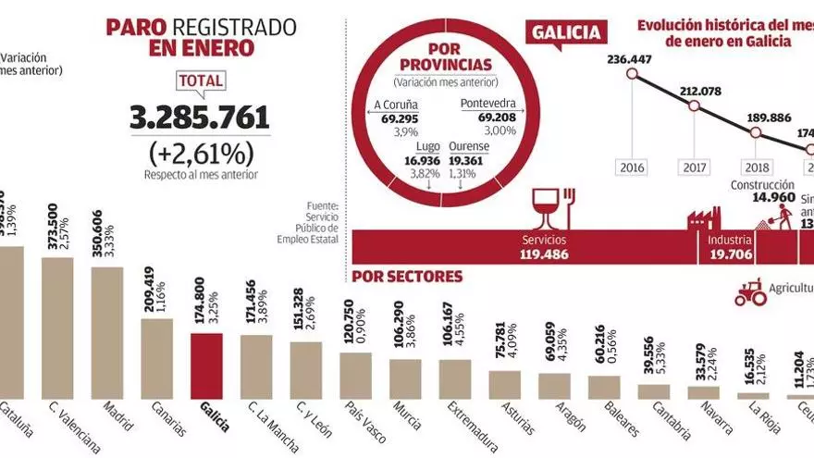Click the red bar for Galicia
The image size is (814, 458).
point(206,365)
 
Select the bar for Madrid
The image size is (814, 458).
point(106,332)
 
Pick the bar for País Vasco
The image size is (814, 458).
point(355,375)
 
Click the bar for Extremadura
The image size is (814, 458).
point(455,378)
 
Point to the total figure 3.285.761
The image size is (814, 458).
point(200,118)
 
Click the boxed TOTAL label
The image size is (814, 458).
point(201,80)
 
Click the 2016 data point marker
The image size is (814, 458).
point(632,75)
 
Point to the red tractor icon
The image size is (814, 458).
point(749,292)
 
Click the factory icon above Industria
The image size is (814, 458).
point(704,217)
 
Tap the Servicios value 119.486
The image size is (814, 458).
point(542,254)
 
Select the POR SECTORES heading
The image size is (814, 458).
point(407,277)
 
